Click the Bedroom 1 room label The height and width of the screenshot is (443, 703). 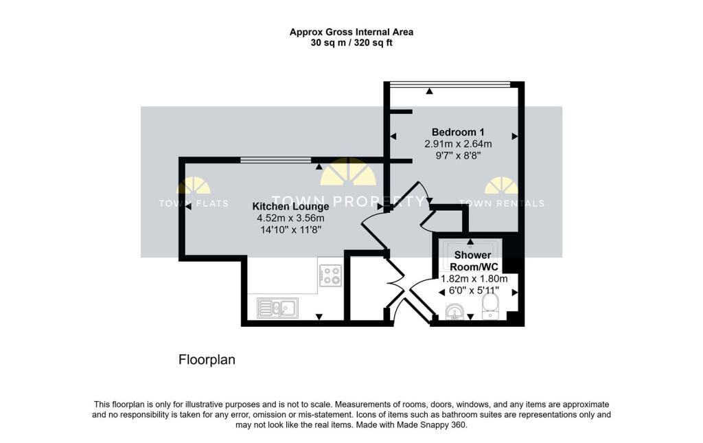coord(458,132)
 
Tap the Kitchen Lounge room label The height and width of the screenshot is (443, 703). coord(290,206)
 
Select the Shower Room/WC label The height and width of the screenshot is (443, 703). coord(473,260)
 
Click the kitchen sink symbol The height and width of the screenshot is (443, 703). coord(277,308)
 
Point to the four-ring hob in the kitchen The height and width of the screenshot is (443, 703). coord(331,275)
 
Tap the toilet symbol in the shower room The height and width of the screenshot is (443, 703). coord(492,306)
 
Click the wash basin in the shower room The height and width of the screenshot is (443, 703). coord(453,314)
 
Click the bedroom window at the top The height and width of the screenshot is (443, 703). coord(450,84)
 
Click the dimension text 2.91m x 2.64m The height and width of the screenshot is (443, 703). coord(458,144)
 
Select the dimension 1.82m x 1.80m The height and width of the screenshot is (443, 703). coord(474,279)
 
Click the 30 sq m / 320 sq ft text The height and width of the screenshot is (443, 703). coord(351,43)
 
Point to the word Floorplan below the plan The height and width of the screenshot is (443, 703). coord(207,359)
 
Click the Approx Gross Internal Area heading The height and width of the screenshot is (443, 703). coord(351,32)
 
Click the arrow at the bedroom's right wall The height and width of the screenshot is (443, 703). coord(514,136)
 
